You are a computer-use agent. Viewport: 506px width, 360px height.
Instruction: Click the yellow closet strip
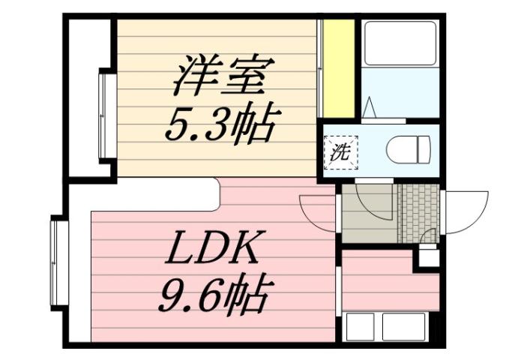tap(338, 68)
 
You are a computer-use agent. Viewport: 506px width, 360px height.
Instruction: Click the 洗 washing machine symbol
tap(342, 151)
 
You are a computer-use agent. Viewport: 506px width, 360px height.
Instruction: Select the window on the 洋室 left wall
tap(105, 114)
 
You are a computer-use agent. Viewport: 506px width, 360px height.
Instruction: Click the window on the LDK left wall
tap(57, 261)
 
